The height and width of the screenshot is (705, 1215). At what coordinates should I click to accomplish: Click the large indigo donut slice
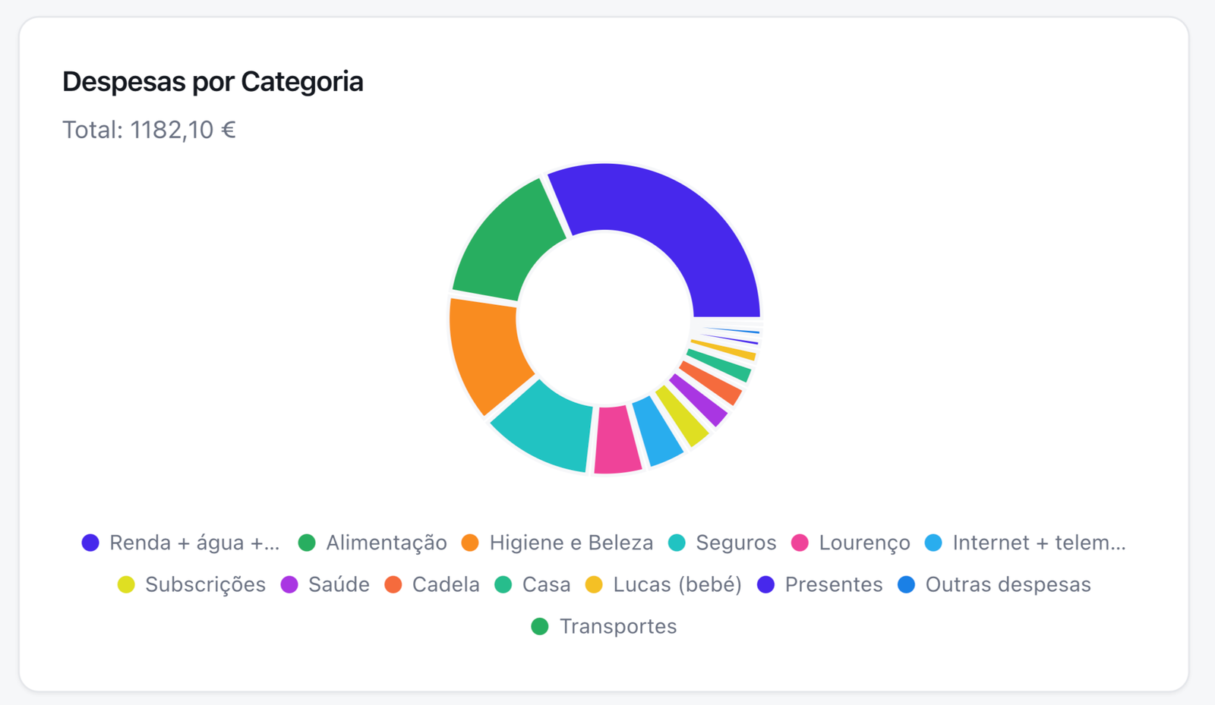click(668, 228)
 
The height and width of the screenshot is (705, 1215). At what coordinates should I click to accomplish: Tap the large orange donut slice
click(486, 349)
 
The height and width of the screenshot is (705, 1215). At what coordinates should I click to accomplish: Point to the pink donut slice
click(616, 440)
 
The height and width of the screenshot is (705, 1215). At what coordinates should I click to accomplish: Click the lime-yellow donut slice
click(683, 416)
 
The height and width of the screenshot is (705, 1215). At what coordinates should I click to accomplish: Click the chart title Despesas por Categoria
click(213, 82)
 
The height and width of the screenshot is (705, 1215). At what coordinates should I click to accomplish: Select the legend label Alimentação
click(386, 543)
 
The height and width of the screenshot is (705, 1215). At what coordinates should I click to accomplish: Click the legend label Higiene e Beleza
click(571, 543)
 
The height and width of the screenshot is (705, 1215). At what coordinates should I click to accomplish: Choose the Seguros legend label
click(736, 543)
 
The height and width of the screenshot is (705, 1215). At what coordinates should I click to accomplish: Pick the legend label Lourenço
click(864, 543)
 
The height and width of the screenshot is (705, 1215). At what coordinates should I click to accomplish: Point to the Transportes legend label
click(617, 626)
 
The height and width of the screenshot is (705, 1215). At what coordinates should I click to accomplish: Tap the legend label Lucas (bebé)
click(677, 584)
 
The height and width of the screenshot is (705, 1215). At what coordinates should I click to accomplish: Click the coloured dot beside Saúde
click(289, 584)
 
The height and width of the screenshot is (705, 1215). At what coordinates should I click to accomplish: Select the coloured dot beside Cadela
click(393, 584)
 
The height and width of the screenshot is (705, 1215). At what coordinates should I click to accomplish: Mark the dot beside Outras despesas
click(906, 584)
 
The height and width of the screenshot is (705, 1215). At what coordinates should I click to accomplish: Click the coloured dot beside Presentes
click(765, 584)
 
